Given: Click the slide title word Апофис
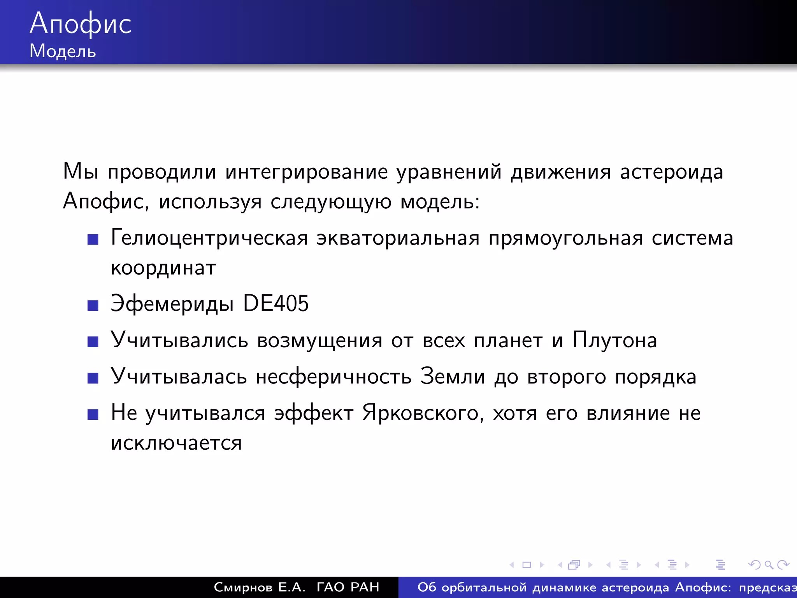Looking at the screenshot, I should pos(81,24).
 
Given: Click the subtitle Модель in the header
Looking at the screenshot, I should pos(63,51).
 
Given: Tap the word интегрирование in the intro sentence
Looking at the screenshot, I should pos(307,172).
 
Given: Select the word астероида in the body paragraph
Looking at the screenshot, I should pos(671,172).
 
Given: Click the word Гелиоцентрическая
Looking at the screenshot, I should pos(209,238).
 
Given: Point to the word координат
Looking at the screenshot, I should pos(163,268).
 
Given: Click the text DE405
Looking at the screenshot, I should pos(276,304).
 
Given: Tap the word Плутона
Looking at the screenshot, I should pos(615,340).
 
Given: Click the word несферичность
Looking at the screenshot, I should pos(334,377).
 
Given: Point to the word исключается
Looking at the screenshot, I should pos(176,443).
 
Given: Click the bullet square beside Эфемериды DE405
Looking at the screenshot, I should pos(93,306).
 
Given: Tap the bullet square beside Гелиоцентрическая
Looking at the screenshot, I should pos(93,239).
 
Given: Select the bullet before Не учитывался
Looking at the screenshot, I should pos(93,415).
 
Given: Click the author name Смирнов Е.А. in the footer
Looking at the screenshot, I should pos(260,587).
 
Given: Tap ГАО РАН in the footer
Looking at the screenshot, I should pos(348,587).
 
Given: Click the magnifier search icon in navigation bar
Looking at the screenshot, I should pos(769,565).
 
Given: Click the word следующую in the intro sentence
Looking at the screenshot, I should pos(331,202).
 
